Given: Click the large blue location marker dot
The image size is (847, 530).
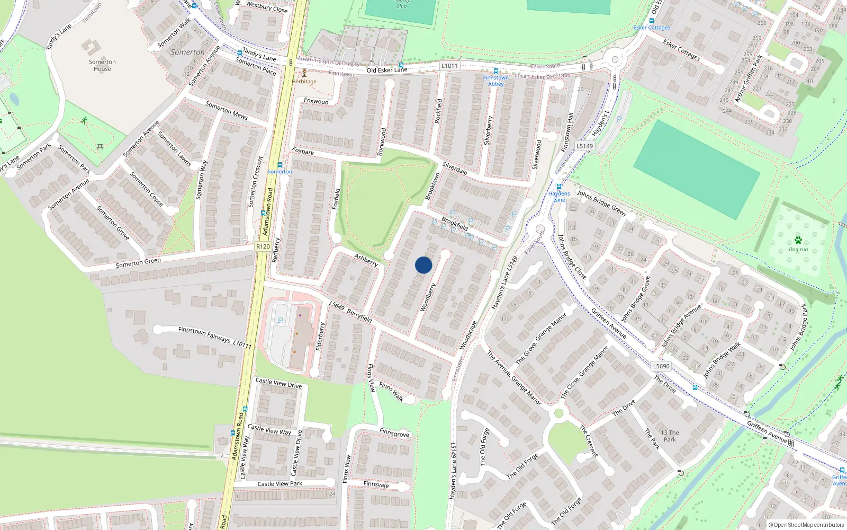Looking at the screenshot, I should click(x=424, y=265).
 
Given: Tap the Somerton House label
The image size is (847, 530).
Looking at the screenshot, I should click(x=102, y=65).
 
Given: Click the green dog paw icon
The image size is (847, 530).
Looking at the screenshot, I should click(x=798, y=240).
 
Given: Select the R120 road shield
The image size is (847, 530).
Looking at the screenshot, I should click(x=263, y=246).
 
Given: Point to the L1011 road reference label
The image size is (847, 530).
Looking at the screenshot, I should click(x=449, y=66).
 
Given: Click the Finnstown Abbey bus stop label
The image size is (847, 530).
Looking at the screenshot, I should click(x=495, y=81).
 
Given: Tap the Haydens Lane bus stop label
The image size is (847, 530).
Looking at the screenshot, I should click(x=559, y=197).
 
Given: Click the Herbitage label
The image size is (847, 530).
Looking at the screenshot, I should click(x=304, y=82).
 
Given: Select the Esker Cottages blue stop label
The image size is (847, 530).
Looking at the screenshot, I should click(x=652, y=28).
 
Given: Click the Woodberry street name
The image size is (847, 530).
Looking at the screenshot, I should click(x=428, y=297).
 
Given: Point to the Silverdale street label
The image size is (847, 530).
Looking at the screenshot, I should click(x=455, y=168).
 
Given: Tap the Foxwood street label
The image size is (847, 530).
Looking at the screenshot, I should click(x=316, y=101).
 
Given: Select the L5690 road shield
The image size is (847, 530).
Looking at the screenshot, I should click(x=661, y=366).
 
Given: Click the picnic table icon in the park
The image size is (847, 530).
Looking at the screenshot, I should click(x=100, y=146).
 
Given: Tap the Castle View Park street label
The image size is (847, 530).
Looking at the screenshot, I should click(x=280, y=483).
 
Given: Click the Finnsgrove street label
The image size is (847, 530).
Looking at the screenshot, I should click(x=394, y=433).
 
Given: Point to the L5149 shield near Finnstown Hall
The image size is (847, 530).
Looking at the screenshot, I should click(x=584, y=146).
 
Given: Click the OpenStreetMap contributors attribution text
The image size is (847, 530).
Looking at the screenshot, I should click(x=806, y=525).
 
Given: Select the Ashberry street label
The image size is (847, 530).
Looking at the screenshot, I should click(x=366, y=259).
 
